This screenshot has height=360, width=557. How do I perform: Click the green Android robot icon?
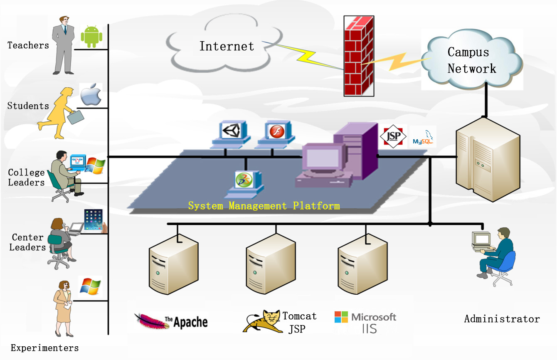click(x=91, y=36)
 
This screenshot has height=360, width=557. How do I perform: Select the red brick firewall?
click(x=358, y=56)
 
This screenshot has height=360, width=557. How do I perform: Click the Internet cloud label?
click(x=227, y=46)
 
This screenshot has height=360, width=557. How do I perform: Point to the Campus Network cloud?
click(x=472, y=60)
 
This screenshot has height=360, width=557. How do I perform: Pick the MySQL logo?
click(x=423, y=138)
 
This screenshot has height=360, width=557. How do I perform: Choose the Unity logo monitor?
click(x=232, y=131)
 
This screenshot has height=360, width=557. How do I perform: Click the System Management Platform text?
click(x=264, y=205)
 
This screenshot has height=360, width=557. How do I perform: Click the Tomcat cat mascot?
click(x=261, y=321)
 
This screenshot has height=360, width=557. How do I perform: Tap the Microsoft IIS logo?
click(x=365, y=322)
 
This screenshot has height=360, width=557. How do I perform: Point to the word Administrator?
click(x=502, y=319)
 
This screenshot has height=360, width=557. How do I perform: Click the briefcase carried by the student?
click(x=75, y=117)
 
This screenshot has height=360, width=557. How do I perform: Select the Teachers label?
click(x=28, y=45)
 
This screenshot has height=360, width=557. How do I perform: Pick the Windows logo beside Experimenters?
click(x=91, y=286)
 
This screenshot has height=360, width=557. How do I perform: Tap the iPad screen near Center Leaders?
click(x=93, y=219)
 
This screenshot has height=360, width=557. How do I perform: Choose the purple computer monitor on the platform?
click(x=323, y=159)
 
